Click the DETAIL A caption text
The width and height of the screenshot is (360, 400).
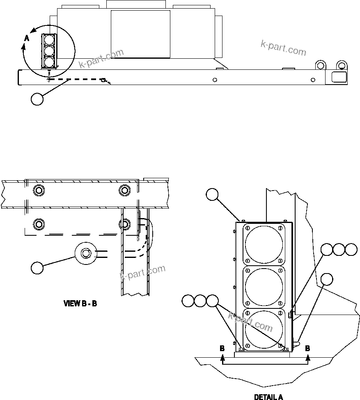(268, 397)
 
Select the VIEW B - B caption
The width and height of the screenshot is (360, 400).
(80, 304)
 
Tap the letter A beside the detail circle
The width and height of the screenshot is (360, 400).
(27, 38)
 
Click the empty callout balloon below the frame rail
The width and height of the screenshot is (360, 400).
(37, 99)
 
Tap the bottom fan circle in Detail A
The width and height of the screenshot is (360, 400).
(264, 329)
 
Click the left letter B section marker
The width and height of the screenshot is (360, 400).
(222, 348)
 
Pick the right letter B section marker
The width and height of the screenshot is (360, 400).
(307, 348)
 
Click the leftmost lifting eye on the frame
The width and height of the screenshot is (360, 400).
(321, 65)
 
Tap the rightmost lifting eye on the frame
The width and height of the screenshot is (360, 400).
(341, 65)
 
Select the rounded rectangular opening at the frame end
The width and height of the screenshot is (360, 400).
(339, 76)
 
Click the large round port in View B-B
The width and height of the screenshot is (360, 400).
(85, 253)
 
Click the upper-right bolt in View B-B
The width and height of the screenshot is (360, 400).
(124, 190)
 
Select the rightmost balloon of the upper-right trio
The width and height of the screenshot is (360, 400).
(351, 250)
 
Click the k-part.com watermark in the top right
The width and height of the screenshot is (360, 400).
(283, 48)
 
